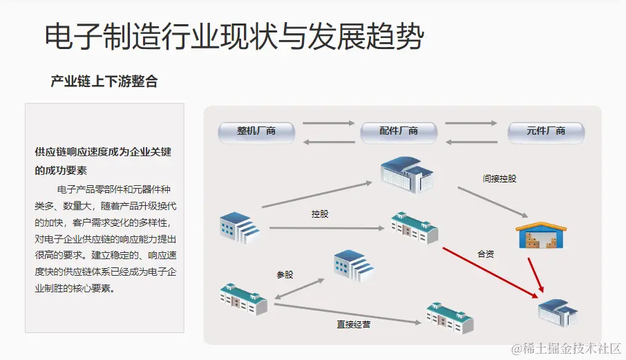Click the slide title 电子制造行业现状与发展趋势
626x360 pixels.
pyautogui.click(x=234, y=36)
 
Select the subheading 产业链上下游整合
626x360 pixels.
pyautogui.click(x=104, y=82)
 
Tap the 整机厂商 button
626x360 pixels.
pyautogui.click(x=256, y=131)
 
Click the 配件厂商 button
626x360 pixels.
pyautogui.click(x=399, y=131)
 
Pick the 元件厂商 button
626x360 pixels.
pyautogui.click(x=546, y=131)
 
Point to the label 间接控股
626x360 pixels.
pyautogui.click(x=500, y=178)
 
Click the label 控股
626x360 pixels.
pyautogui.click(x=320, y=214)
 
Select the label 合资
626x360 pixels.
pyautogui.click(x=486, y=254)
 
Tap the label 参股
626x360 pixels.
pyautogui.click(x=285, y=274)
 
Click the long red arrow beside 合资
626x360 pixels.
pyautogui.click(x=490, y=272)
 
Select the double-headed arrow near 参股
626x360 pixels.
pyautogui.click(x=299, y=290)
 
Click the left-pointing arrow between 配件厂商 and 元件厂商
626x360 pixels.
pyautogui.click(x=471, y=142)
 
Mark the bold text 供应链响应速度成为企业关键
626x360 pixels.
pyautogui.click(x=103, y=152)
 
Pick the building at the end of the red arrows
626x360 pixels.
pyautogui.click(x=558, y=312)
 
